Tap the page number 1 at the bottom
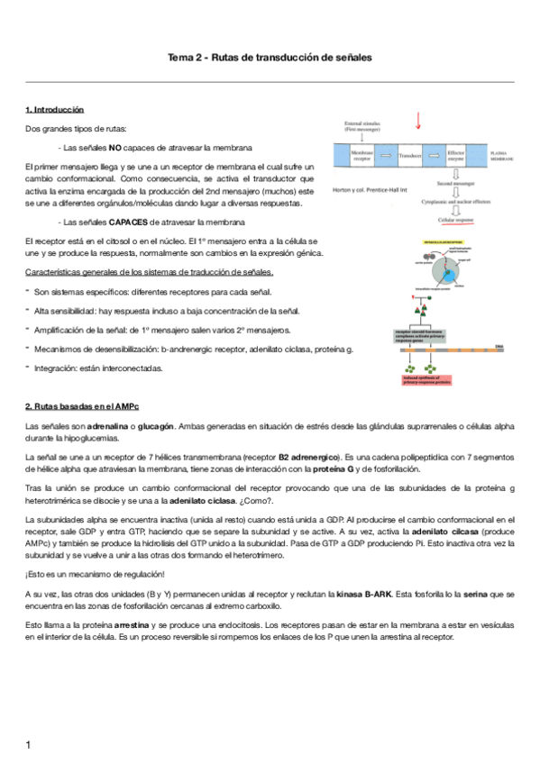coord(29,744)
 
